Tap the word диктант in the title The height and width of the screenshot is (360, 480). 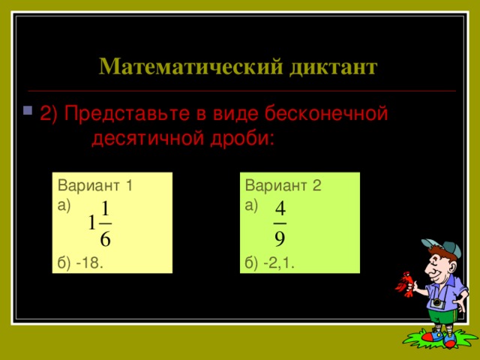(x=331, y=67)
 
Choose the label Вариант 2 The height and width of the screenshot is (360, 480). (x=283, y=187)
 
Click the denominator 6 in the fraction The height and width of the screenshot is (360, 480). (x=106, y=241)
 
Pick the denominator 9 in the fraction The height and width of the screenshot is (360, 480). (x=280, y=239)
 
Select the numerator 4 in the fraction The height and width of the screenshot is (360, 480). (x=280, y=206)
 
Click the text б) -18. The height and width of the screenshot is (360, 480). (x=80, y=262)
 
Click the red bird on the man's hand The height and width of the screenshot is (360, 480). (x=406, y=283)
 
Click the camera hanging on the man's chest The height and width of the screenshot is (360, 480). (x=437, y=302)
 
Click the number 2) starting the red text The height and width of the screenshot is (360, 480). (x=50, y=114)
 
